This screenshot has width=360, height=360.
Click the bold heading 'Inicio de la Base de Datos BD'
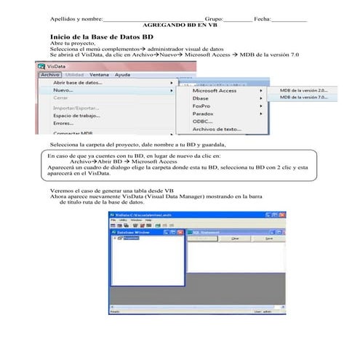(x=101, y=36)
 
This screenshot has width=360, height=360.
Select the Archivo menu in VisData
(x=50, y=75)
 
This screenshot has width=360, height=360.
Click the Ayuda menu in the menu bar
(x=122, y=75)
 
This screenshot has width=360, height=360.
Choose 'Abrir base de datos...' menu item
(x=78, y=83)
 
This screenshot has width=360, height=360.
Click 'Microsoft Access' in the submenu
(x=214, y=90)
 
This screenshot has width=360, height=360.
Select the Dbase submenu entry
(x=201, y=97)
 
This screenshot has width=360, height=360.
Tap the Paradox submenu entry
(x=203, y=113)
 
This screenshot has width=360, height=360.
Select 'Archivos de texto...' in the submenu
(x=216, y=129)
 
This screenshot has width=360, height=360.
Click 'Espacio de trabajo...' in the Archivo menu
(x=76, y=116)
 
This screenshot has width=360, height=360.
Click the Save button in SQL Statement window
(x=268, y=239)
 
